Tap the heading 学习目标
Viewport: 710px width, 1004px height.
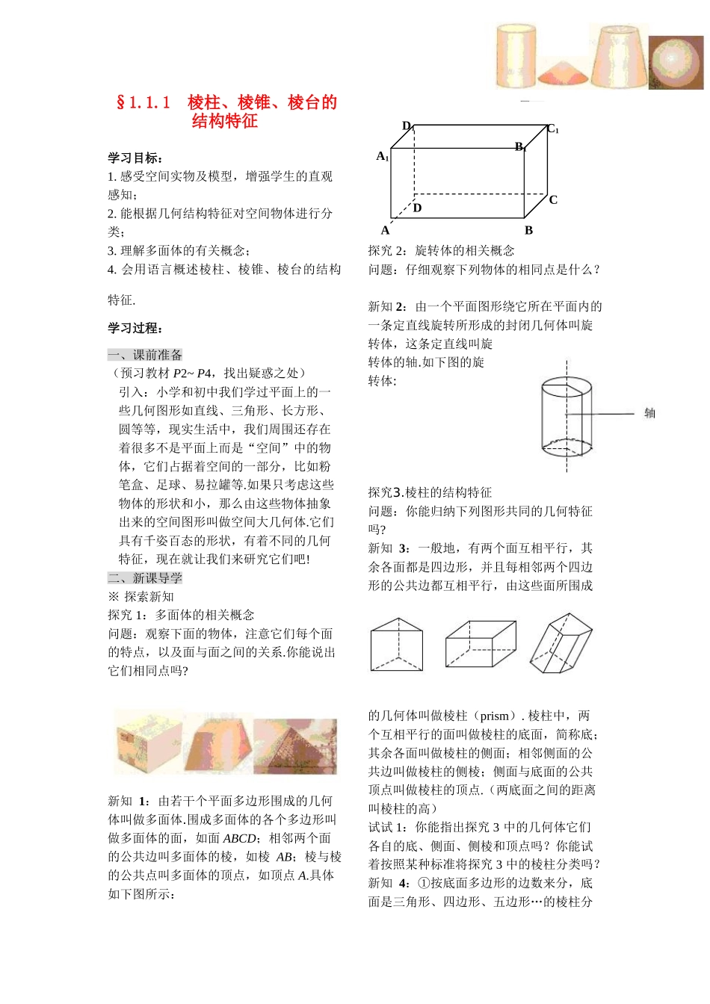[135, 158]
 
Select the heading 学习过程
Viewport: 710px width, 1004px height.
[135, 328]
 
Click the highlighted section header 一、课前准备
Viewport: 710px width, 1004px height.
[145, 355]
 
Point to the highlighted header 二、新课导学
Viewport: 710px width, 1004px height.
[145, 578]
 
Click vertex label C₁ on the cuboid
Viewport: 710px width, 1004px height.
[552, 129]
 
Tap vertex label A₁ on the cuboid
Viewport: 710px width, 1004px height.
[382, 156]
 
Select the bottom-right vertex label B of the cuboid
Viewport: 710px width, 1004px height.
[528, 231]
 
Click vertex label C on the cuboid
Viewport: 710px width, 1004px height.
[553, 199]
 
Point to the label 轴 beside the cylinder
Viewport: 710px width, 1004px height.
[649, 413]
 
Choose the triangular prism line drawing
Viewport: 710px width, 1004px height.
[397, 644]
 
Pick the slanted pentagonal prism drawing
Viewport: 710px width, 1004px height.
[561, 643]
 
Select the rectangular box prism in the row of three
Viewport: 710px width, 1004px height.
[480, 643]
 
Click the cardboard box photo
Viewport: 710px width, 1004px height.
[149, 742]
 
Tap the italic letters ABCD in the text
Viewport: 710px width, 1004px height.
[239, 838]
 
